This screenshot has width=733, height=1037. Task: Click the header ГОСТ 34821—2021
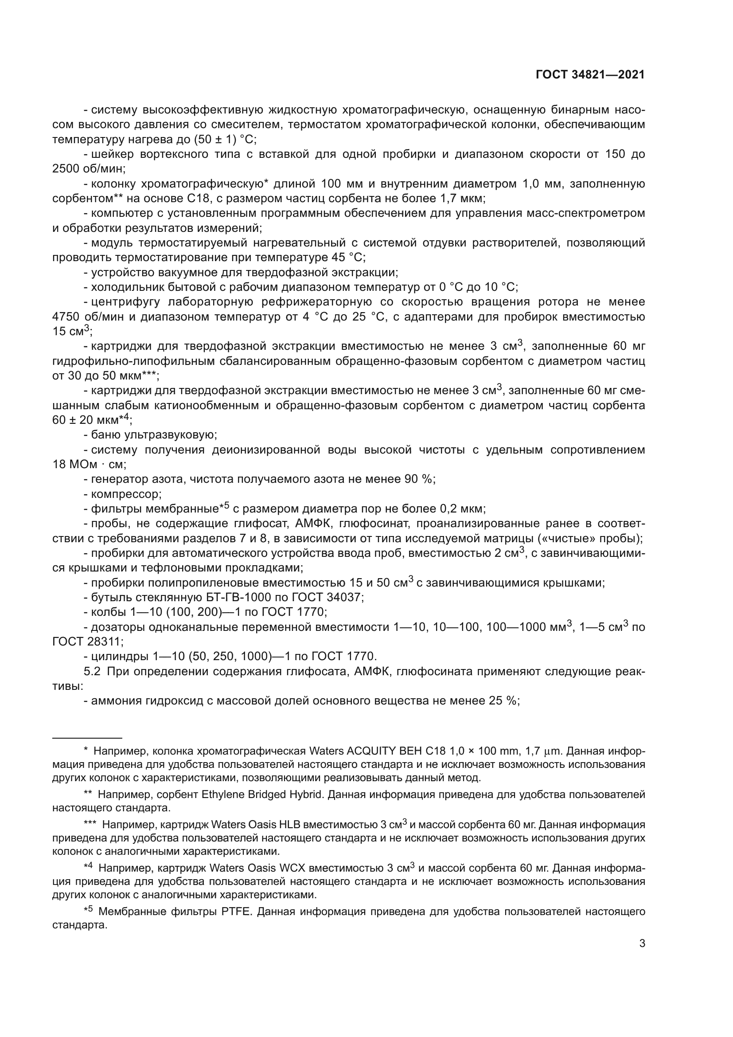click(x=590, y=75)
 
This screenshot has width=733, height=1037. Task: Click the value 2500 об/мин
click(x=88, y=169)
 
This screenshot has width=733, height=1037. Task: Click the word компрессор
click(x=126, y=494)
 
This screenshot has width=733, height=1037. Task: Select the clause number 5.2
click(x=92, y=671)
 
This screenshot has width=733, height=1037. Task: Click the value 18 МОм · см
click(x=89, y=464)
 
